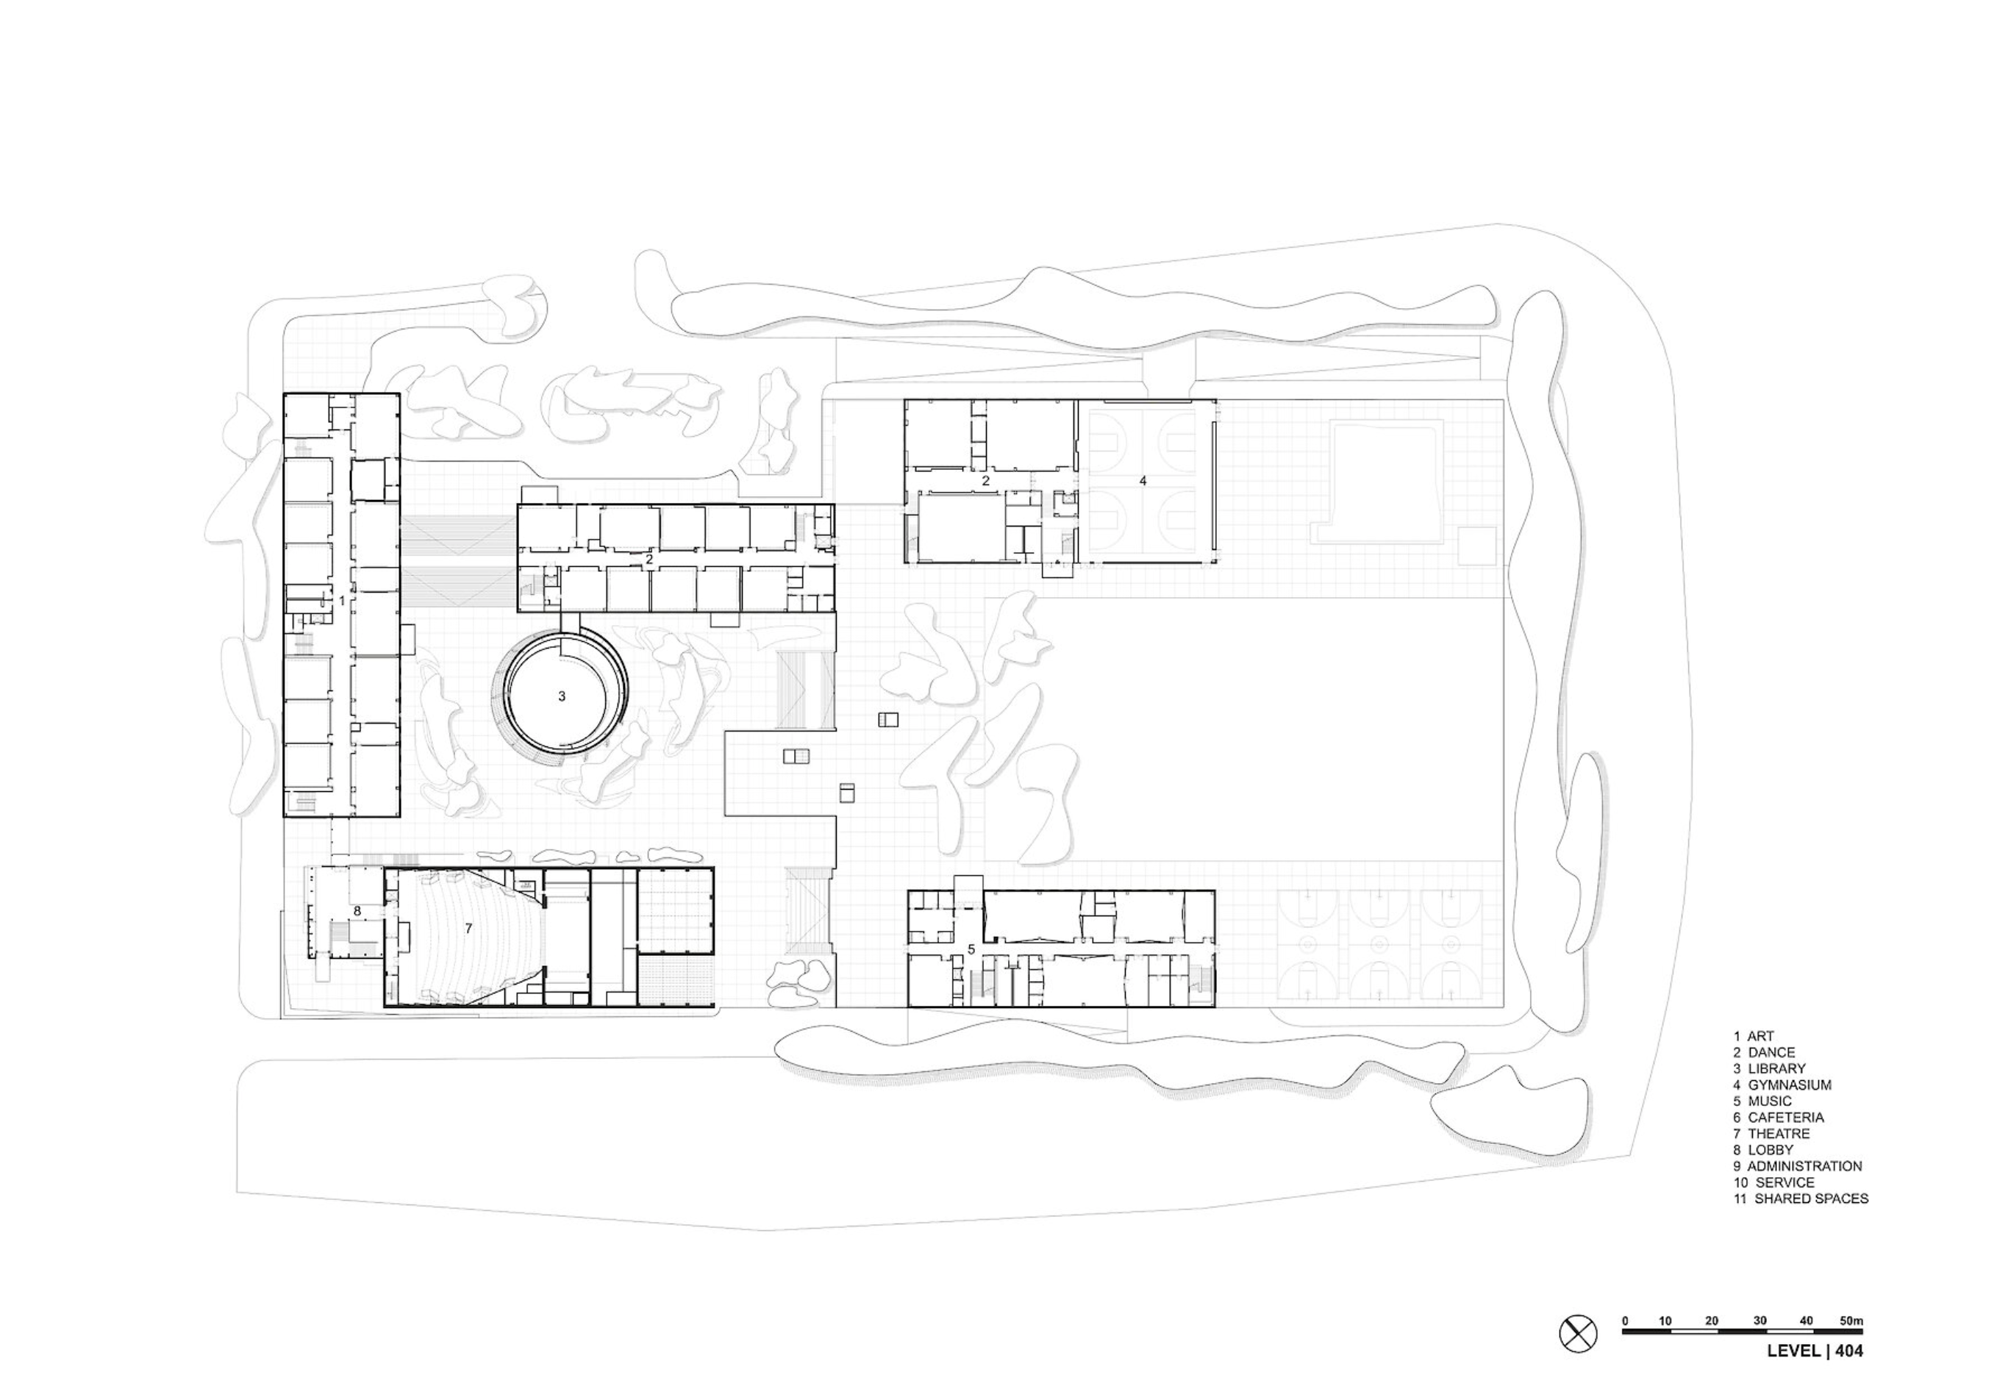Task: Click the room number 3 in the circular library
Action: tap(562, 696)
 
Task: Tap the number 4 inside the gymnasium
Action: tap(1143, 480)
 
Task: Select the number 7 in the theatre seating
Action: tap(468, 929)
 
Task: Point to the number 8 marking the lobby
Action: tap(357, 911)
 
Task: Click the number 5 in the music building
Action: tap(971, 949)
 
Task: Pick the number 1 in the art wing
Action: tap(342, 600)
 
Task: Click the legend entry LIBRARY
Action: tap(1777, 1068)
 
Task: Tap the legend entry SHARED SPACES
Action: tap(1812, 1199)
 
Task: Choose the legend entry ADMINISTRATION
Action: tap(1805, 1166)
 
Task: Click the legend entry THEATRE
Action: tap(1779, 1134)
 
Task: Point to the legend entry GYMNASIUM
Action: tap(1790, 1085)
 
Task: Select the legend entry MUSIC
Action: tap(1770, 1101)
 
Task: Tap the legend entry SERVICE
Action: tap(1785, 1182)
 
